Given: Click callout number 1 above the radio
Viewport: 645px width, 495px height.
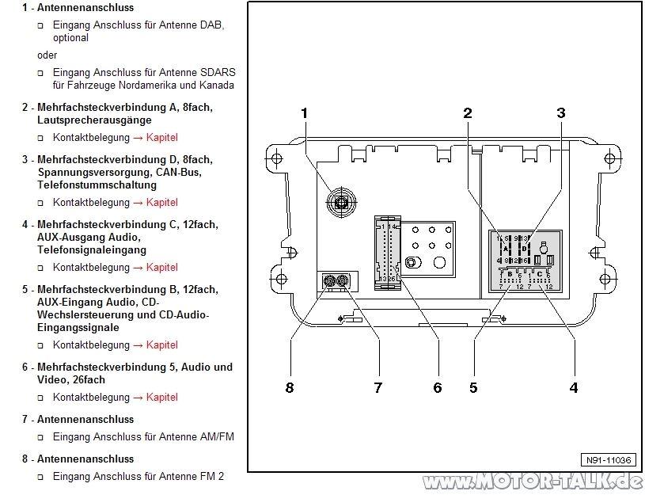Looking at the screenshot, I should (304, 113).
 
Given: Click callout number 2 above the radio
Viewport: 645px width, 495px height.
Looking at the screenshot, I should (468, 113).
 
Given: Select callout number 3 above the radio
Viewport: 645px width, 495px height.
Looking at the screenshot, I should (561, 113).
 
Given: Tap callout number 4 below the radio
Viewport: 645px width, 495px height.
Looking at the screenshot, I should (573, 387).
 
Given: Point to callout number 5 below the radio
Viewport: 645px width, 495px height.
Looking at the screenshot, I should (472, 387).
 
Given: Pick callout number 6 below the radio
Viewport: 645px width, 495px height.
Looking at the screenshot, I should (437, 387).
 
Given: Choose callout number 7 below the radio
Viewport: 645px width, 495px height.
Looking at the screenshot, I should (378, 387).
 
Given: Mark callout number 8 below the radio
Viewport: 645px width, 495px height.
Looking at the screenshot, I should (290, 387).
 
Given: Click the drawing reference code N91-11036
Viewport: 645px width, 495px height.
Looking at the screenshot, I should (608, 460).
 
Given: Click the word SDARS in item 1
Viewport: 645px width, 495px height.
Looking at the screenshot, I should (219, 72).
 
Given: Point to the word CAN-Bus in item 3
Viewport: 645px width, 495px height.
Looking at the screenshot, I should (158, 172).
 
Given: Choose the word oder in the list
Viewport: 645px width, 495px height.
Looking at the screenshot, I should (47, 55).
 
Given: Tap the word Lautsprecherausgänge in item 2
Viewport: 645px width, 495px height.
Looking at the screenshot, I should (94, 120).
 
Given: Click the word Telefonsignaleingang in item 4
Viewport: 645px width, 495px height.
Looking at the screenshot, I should (92, 249).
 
